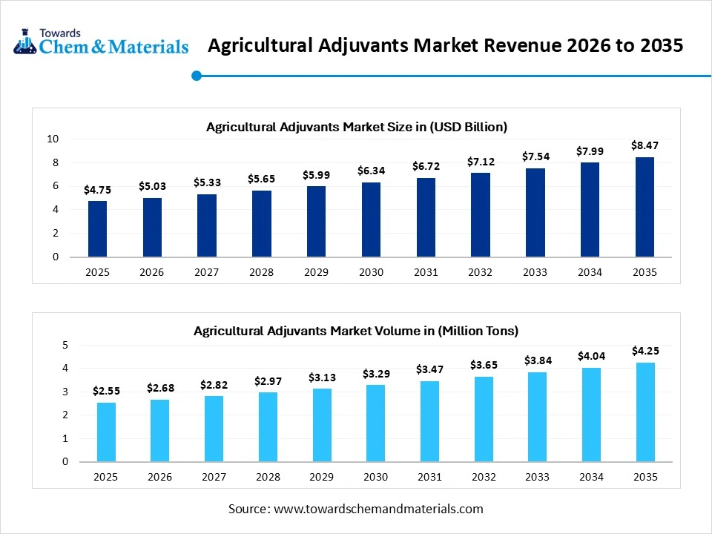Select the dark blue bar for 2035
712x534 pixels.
tap(645, 207)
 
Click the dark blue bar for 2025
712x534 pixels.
tap(97, 229)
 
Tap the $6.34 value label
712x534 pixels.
tap(371, 171)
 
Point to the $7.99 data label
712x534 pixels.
tap(590, 151)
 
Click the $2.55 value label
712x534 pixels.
tap(107, 390)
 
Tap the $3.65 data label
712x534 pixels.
tap(484, 365)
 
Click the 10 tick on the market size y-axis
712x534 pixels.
tap(53, 139)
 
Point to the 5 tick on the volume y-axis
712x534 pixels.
tap(65, 345)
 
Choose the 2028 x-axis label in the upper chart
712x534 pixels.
tap(261, 272)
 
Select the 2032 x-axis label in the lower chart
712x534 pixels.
tap(484, 477)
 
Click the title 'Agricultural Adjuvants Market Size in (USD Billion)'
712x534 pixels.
tap(356, 127)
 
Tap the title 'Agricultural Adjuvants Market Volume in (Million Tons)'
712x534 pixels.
tap(356, 331)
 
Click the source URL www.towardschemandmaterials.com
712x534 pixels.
tap(378, 509)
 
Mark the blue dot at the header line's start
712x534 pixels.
tap(197, 75)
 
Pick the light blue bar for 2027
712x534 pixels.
tap(214, 429)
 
